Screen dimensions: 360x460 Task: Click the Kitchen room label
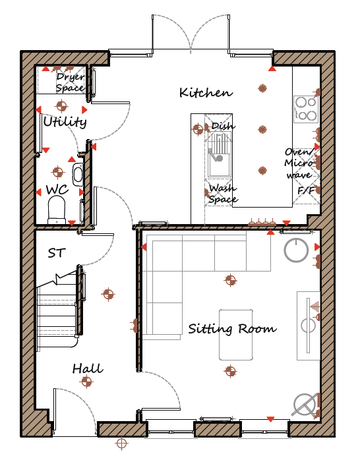pos(206,93)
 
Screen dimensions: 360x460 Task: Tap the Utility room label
pos(65,121)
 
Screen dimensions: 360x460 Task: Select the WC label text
pos(57,190)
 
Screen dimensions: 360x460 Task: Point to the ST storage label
pos(57,253)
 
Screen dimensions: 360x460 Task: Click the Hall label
pos(88,368)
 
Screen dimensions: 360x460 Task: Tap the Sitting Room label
pos(232,329)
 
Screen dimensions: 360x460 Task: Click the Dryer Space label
pos(71,82)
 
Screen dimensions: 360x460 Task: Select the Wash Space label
pos(223,194)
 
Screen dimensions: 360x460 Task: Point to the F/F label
pos(306,190)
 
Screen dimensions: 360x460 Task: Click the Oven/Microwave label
pos(299,163)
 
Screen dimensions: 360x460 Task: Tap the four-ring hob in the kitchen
pos(306,109)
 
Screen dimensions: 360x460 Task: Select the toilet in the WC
pos(57,210)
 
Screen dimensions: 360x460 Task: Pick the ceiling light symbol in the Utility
pos(61,106)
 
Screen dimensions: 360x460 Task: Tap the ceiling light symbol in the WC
pos(58,172)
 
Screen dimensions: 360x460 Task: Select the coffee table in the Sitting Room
pos(236,335)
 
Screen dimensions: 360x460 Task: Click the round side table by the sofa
pos(296,250)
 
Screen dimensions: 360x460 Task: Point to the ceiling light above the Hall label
pos(108,294)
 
